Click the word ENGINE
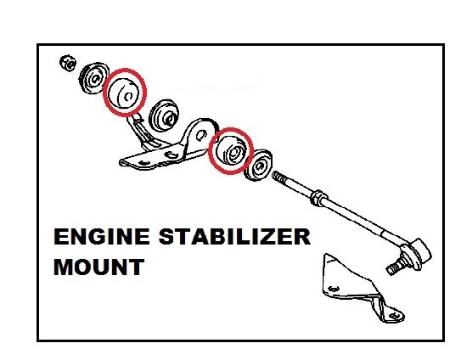pos(102,237)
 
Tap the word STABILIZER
pos(234,237)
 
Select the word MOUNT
pos(99,267)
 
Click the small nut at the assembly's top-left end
pos(68,63)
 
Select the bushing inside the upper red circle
pos(124,93)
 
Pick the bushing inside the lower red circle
pos(231,151)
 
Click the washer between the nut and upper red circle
pos(93,78)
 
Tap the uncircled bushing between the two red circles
pos(164,115)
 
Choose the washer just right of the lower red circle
pos(258,166)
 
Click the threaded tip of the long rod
pos(278,177)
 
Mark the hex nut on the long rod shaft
pos(319,198)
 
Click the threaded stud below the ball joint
pos(396,267)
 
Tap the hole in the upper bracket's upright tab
pos(201,135)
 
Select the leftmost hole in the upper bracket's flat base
pos(143,163)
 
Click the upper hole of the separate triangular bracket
pos(333,289)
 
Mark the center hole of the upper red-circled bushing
pos(128,96)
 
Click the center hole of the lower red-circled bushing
pos(234,153)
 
